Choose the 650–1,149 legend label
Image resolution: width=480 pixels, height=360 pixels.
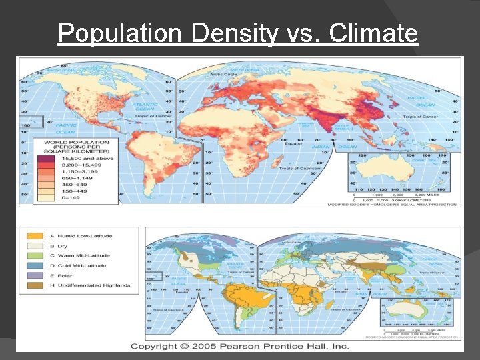coord(75,177)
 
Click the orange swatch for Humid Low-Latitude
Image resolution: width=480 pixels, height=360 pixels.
coord(32,236)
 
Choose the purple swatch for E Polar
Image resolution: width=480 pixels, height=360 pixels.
coord(32,275)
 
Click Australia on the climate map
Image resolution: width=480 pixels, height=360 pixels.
coord(414,309)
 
